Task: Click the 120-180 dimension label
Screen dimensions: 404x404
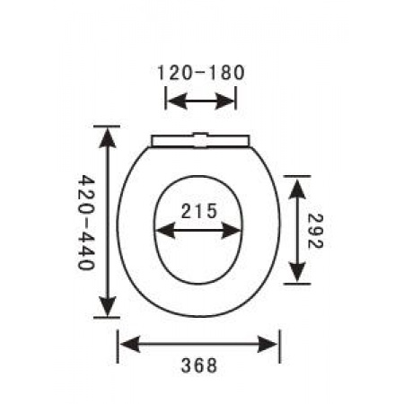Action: point(201,74)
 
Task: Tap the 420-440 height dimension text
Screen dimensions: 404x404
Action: point(86,223)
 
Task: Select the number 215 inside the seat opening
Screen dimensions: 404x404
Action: point(198,211)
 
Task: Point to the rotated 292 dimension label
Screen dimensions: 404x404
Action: point(315,231)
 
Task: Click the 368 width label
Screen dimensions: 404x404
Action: point(199,365)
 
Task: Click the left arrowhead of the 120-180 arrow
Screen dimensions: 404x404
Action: point(177,101)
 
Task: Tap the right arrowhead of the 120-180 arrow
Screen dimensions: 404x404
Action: point(225,101)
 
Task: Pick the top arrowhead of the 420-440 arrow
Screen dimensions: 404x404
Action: point(108,137)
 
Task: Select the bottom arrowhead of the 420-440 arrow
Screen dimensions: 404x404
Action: point(108,306)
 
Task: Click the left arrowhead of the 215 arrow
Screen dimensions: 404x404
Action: point(165,231)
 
